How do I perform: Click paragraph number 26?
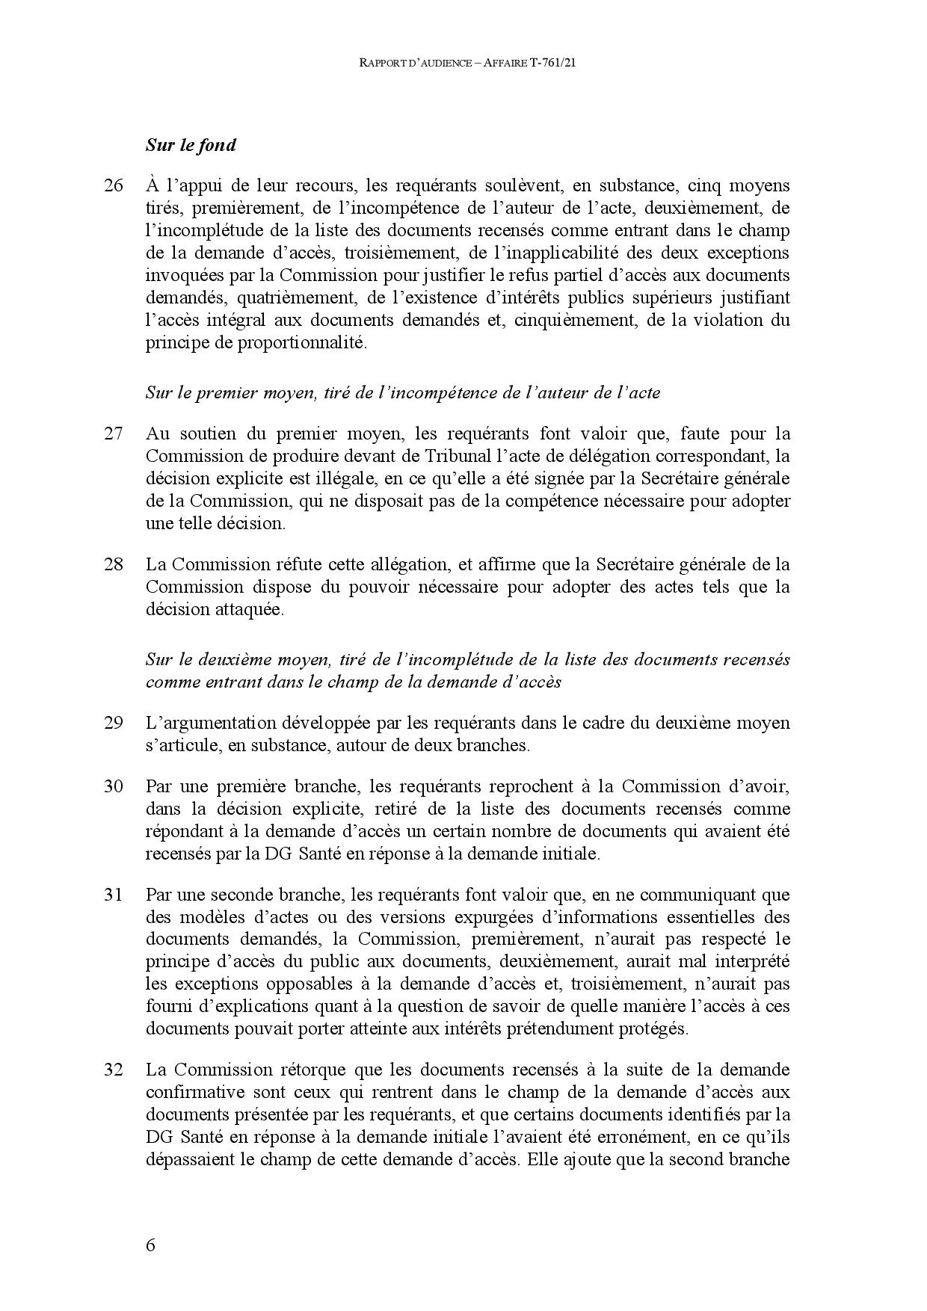click(113, 185)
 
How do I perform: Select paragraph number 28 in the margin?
click(113, 564)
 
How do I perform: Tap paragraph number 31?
click(113, 894)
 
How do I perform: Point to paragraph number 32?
click(113, 1070)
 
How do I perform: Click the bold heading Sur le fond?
click(191, 145)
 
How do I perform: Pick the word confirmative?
click(197, 1092)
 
